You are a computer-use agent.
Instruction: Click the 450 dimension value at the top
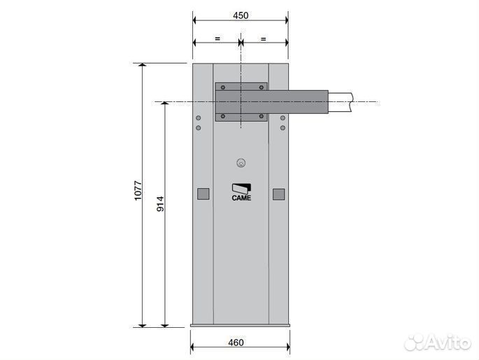[240, 15]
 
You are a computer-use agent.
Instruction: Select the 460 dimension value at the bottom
[240, 343]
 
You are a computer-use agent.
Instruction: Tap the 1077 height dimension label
[138, 192]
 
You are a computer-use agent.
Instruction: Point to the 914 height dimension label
[160, 203]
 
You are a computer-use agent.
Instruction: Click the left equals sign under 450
[217, 40]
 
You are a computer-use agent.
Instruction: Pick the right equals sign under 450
[264, 40]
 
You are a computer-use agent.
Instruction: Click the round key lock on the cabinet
[241, 164]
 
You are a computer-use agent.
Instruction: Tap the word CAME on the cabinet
[241, 199]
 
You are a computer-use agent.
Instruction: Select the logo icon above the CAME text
[241, 187]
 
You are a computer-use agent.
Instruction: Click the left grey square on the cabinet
[203, 194]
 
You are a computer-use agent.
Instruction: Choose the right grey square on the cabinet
[278, 194]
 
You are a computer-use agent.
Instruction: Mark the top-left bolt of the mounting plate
[222, 88]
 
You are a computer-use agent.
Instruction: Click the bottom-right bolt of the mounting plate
[261, 116]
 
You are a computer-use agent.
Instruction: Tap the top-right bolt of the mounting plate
[261, 88]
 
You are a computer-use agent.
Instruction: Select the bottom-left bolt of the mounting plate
[222, 116]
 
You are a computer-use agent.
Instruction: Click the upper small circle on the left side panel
[198, 118]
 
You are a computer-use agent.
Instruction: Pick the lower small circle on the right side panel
[283, 128]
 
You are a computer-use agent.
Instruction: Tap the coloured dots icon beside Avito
[418, 342]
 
